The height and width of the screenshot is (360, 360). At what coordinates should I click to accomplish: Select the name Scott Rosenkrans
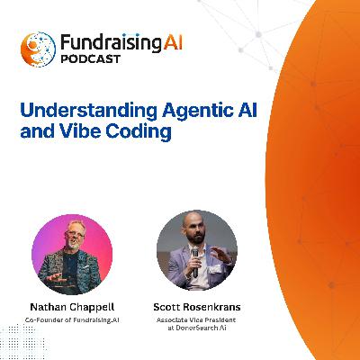pos(196,305)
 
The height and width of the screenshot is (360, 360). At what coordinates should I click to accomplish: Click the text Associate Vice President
pos(196,319)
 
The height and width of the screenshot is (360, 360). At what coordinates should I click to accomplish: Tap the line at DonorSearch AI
pos(196,330)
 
